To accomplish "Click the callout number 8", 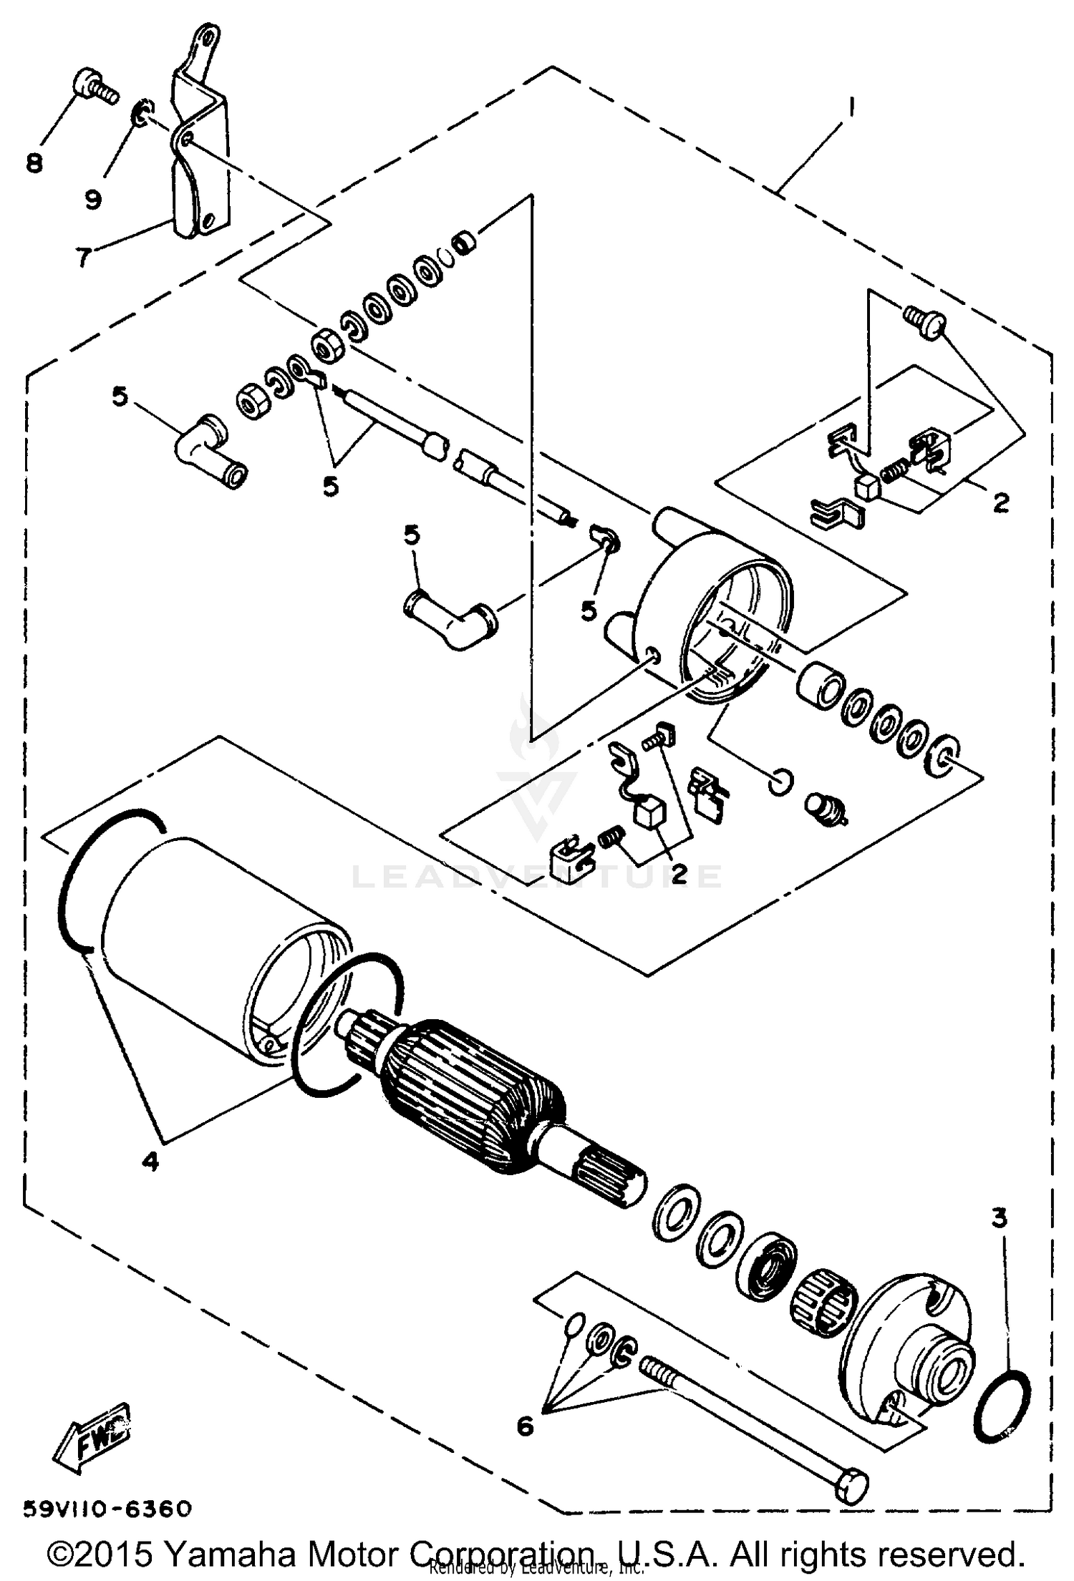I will [34, 164].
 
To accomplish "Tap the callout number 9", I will [93, 198].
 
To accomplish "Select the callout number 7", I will [84, 256].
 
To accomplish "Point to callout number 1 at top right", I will [851, 107].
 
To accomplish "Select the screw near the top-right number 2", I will [924, 321].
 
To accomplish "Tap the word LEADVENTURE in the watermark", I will [537, 876].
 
